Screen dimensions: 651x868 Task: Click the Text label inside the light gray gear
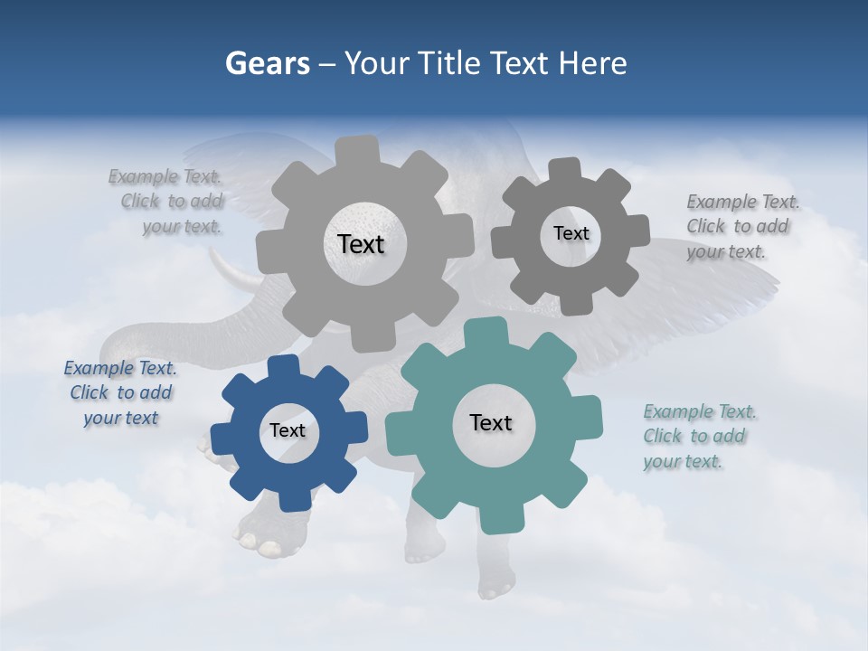point(361,244)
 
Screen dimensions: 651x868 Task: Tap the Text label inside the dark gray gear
point(571,233)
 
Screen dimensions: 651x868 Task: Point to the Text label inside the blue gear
point(288,430)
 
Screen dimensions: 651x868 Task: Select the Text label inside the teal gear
point(491,422)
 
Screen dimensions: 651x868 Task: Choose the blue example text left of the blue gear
point(120,393)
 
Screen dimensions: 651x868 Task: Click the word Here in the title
point(593,63)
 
